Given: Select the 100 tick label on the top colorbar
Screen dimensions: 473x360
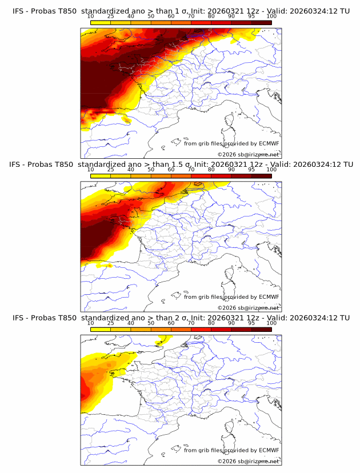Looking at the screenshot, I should point(271,17).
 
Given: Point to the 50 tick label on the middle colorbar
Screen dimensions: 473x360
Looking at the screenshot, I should point(151,170).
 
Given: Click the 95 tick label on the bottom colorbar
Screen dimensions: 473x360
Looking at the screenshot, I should point(251,323).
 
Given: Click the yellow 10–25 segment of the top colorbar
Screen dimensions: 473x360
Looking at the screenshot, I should point(101,23).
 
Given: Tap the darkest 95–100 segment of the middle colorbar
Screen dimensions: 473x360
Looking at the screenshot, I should point(261,176).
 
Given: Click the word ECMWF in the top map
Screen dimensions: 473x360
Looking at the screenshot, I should point(269,143).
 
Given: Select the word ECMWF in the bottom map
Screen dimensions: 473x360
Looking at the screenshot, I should point(269,450).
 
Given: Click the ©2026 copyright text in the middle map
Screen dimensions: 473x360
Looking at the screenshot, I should point(248,308).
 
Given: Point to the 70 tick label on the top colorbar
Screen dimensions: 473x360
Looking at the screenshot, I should point(191,17).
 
